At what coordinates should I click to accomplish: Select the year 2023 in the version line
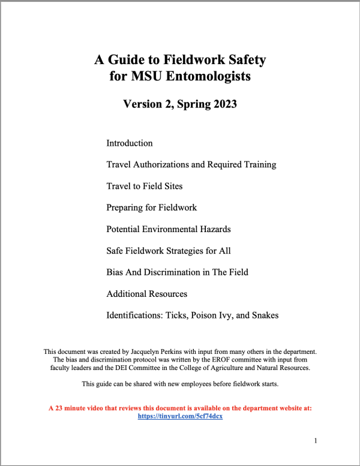(221, 104)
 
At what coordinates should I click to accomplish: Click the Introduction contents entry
(130, 143)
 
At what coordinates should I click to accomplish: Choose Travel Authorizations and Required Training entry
(191, 164)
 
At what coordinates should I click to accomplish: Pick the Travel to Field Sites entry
(145, 186)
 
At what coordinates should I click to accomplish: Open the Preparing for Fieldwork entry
(151, 208)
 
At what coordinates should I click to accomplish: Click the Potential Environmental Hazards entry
(168, 229)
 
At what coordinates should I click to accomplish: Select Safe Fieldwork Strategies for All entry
(168, 251)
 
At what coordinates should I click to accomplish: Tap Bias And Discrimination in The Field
(177, 272)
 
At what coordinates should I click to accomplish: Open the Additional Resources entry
(146, 294)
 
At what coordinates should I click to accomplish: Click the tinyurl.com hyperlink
(180, 416)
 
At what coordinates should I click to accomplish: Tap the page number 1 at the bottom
(316, 441)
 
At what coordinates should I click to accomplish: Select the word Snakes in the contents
(264, 315)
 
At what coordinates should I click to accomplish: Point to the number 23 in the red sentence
(58, 408)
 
